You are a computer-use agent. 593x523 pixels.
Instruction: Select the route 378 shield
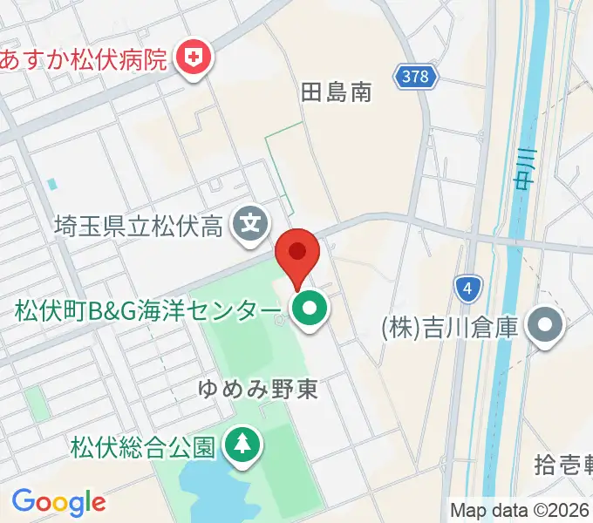tap(415, 77)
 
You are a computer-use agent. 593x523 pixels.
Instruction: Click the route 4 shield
tap(468, 286)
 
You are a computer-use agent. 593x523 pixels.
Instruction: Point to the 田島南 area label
tap(336, 92)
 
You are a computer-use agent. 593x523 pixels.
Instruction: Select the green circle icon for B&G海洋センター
tap(308, 309)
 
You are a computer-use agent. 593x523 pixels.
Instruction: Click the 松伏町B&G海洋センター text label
tap(148, 309)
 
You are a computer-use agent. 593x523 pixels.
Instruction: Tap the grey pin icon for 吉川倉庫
tap(546, 328)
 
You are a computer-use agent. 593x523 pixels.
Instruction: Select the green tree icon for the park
tap(241, 445)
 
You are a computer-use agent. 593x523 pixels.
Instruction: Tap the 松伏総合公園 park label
tap(142, 446)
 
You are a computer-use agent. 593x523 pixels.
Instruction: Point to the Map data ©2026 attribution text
tap(520, 510)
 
